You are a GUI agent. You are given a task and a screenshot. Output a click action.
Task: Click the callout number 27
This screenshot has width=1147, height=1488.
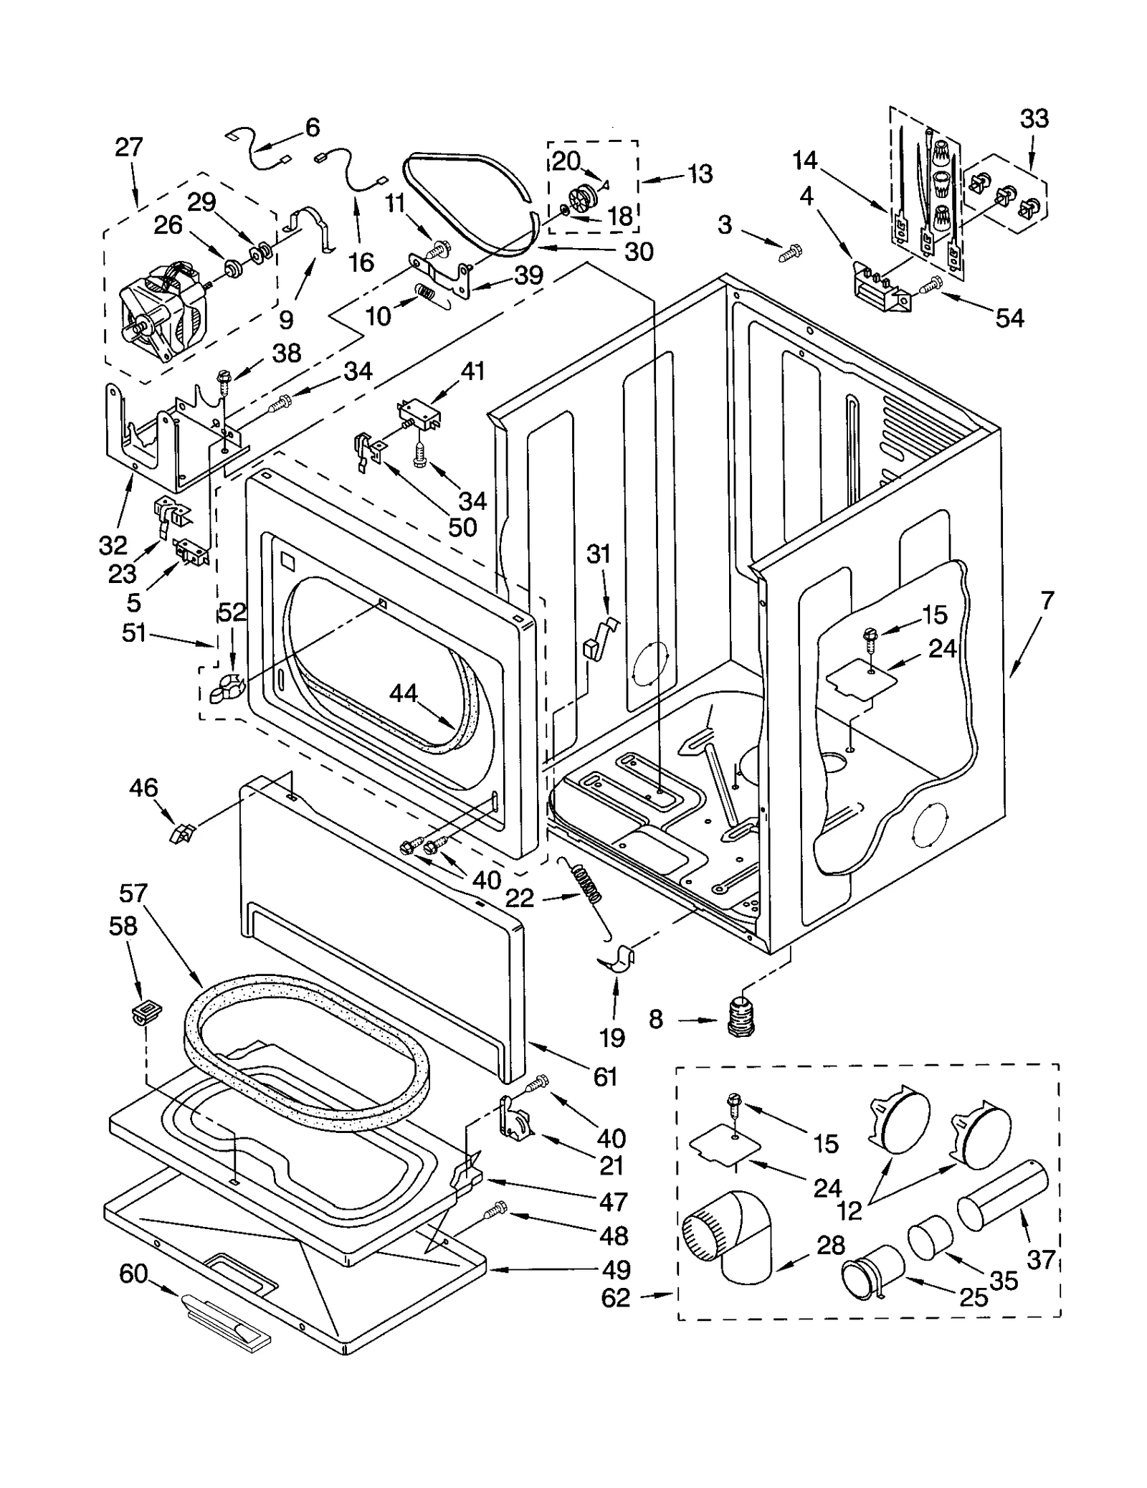(x=129, y=148)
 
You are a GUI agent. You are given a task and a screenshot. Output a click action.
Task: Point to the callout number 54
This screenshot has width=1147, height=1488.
(x=1009, y=318)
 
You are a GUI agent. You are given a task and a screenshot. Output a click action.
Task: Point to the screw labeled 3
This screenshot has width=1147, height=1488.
(x=791, y=251)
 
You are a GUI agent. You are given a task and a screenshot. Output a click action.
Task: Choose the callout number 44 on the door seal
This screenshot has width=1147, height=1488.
(x=404, y=693)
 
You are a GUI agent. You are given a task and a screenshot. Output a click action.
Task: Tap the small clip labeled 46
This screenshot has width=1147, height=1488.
(x=181, y=833)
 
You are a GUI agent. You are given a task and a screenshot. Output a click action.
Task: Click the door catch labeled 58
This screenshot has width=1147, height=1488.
(x=146, y=1012)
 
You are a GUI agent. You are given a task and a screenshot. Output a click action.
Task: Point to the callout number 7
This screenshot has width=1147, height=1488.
(x=1047, y=601)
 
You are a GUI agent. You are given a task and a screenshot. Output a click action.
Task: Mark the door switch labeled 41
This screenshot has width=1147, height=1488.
(x=419, y=416)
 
